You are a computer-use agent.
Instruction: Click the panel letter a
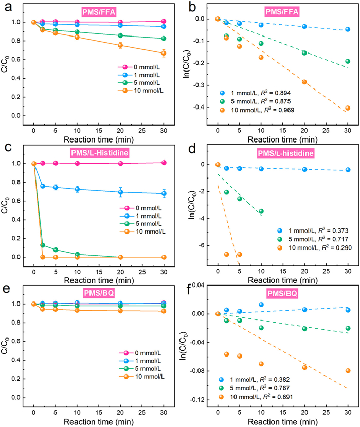point(5,6)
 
